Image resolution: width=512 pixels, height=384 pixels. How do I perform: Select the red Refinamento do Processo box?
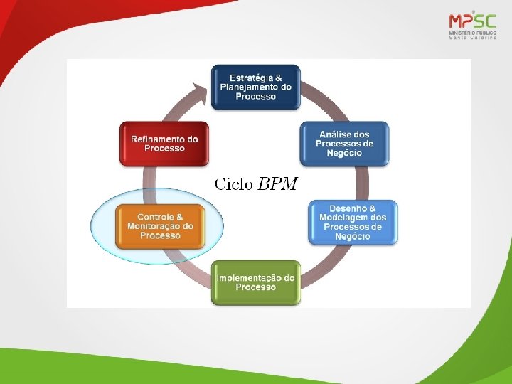tap(164, 144)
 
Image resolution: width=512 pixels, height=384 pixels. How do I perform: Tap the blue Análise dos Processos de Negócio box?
tap(344, 144)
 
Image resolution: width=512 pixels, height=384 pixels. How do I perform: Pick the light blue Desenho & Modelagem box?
tap(353, 222)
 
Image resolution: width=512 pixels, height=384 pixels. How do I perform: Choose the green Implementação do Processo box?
tap(256, 282)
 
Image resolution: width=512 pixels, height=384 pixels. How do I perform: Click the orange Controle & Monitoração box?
tap(160, 226)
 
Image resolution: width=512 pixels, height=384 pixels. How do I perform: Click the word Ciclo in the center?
tap(234, 185)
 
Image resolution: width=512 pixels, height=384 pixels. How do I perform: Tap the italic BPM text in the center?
tap(277, 185)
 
